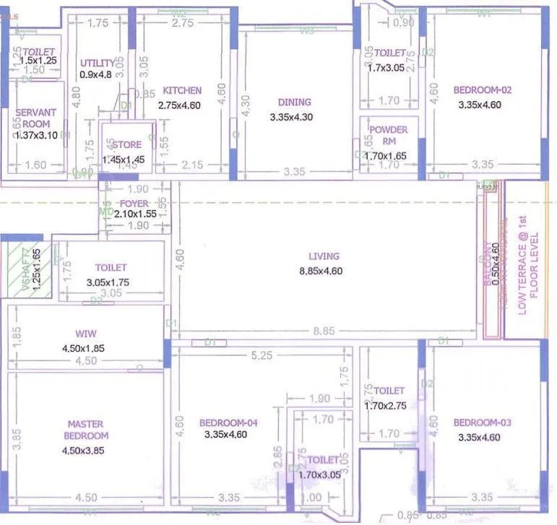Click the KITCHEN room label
tap(181, 90)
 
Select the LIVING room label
tap(324, 256)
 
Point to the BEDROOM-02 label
tap(482, 90)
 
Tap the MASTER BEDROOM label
tap(85, 430)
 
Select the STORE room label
tap(126, 145)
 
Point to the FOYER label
tap(134, 203)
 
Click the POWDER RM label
tap(388, 136)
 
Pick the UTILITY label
tap(97, 63)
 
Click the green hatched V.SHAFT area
tap(22, 271)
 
